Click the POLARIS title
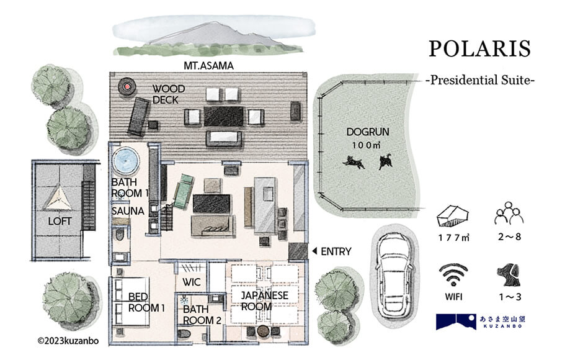(x=479, y=49)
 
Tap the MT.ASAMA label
(x=208, y=66)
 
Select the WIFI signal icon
(x=453, y=275)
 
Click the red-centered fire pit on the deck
(x=127, y=86)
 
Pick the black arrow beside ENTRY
(x=314, y=251)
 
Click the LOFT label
(x=60, y=221)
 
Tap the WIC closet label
(x=192, y=282)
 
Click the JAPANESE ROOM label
(x=264, y=301)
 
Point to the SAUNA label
(x=128, y=211)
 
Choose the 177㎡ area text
(x=453, y=237)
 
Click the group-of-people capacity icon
(x=509, y=214)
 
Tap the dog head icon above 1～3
(x=509, y=275)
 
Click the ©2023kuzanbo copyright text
(x=68, y=341)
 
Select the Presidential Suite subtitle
(x=480, y=80)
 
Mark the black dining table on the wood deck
(x=223, y=117)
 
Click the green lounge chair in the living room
(x=184, y=191)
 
